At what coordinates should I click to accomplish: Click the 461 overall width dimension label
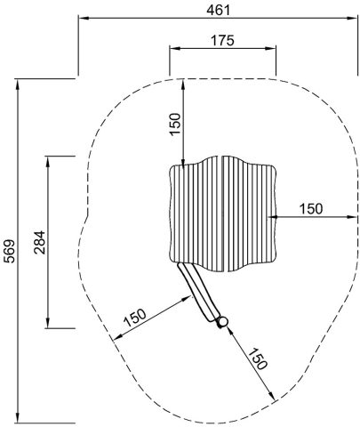pos(218,10)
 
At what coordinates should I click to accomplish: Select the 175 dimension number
pos(222,40)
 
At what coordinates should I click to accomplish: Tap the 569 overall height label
pos(10,251)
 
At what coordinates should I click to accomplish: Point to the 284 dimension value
pos(39,242)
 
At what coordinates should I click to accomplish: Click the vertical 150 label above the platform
pos(175,124)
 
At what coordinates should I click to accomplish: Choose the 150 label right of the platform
pos(311,209)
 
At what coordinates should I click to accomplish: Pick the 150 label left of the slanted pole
pos(135,318)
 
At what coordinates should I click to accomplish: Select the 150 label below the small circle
pos(257,359)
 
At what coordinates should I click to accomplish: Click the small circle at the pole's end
pos(223,321)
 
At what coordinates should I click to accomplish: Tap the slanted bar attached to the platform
pos(199,293)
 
